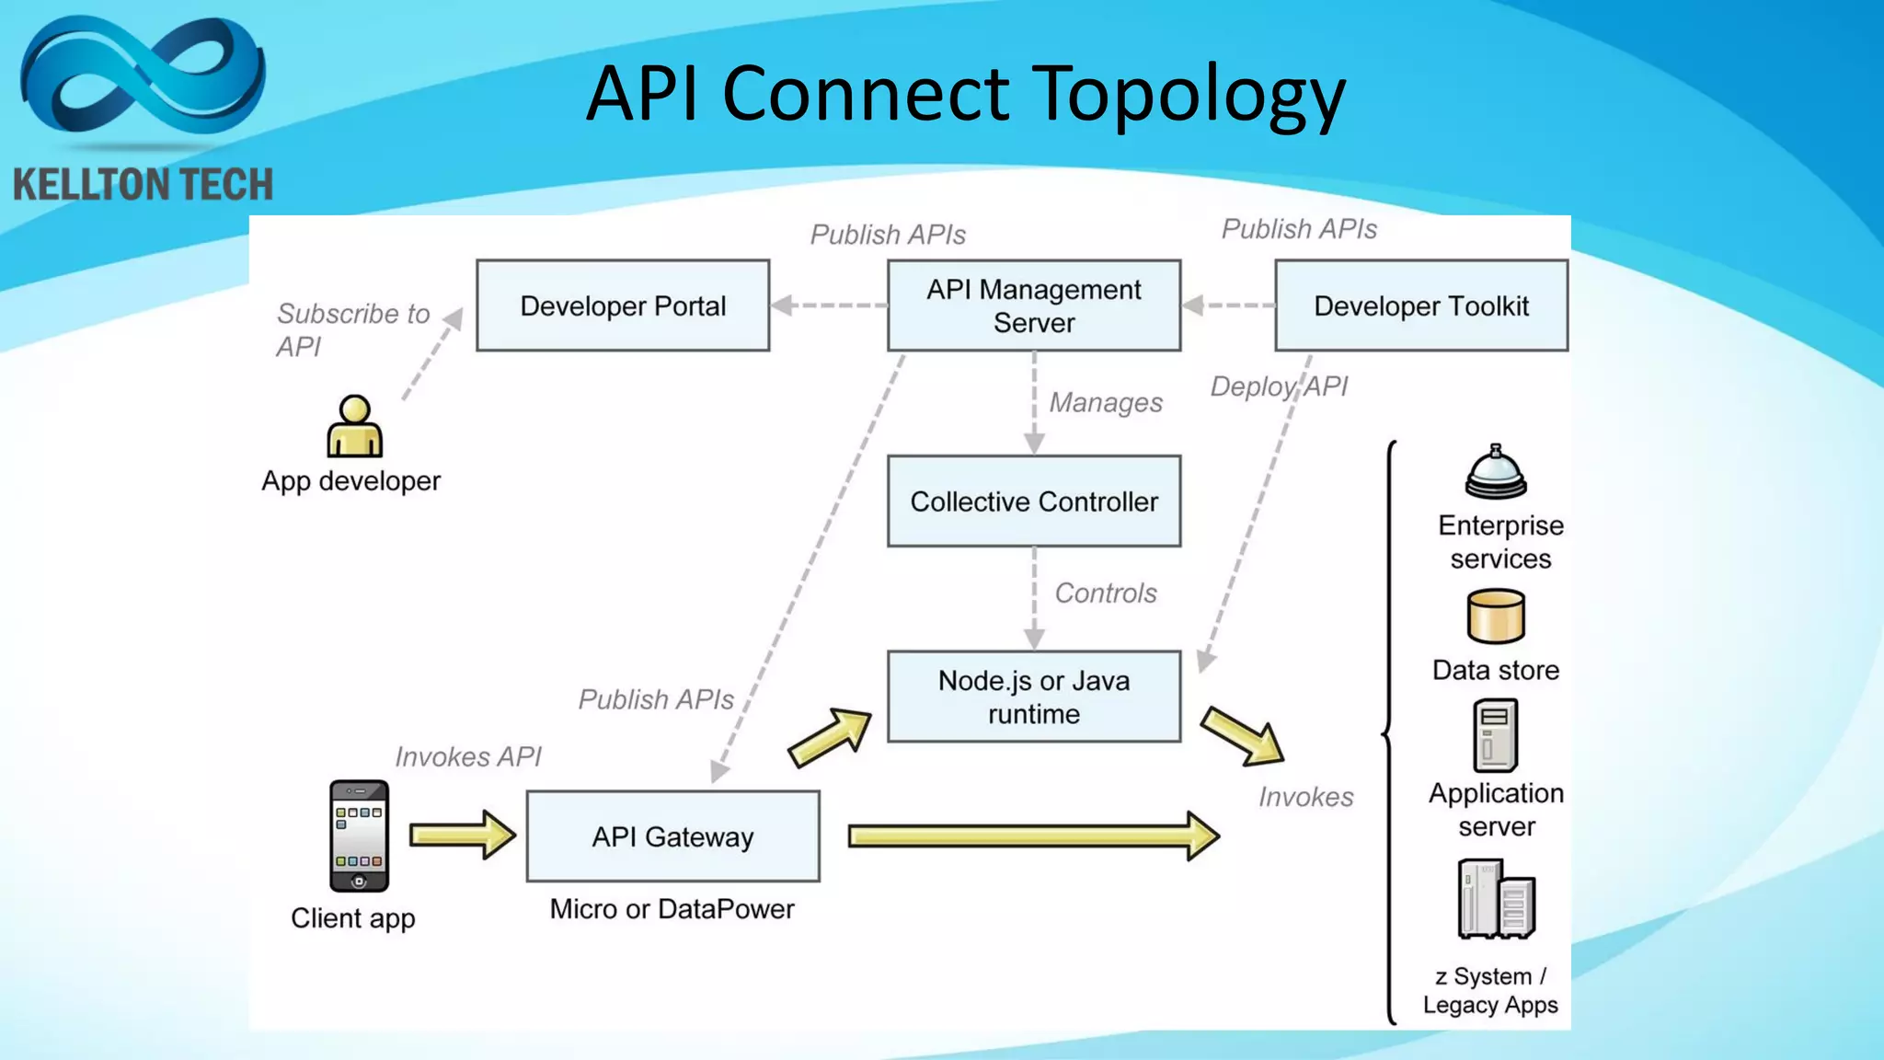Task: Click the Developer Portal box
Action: click(623, 305)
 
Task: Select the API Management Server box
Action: click(1033, 305)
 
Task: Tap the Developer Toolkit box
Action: click(1420, 305)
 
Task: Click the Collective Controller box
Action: click(1033, 501)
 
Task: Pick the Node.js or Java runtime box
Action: click(1033, 697)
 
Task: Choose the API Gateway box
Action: click(672, 836)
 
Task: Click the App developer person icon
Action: click(354, 427)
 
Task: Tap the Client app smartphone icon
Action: click(359, 835)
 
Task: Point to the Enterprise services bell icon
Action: click(1496, 472)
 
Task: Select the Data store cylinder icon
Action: click(1496, 616)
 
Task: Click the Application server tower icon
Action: click(1495, 735)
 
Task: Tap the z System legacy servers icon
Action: click(1496, 899)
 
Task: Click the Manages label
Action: click(1106, 403)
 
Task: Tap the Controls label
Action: click(1105, 593)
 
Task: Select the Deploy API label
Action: click(1278, 386)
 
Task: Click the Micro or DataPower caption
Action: click(672, 909)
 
